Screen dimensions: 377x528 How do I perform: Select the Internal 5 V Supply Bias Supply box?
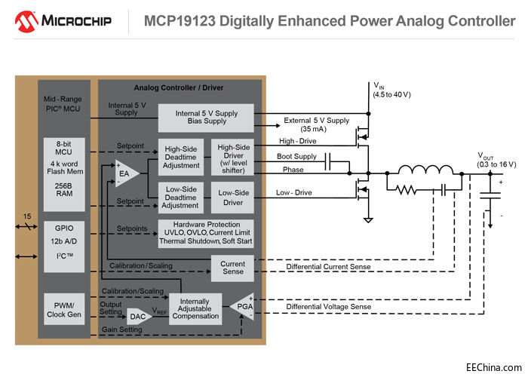click(x=205, y=117)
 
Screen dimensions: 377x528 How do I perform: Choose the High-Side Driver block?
click(x=233, y=155)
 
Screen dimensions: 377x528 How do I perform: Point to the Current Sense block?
click(x=232, y=268)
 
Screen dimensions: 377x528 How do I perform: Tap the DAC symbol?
click(x=139, y=316)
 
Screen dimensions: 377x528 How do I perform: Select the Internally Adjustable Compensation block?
click(x=195, y=308)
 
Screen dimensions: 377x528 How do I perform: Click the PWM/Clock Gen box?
click(x=64, y=308)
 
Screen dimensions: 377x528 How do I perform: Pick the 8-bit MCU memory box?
click(x=64, y=167)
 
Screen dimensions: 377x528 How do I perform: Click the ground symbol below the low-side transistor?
click(x=367, y=219)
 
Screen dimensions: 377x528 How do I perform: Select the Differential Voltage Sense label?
click(x=330, y=307)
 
